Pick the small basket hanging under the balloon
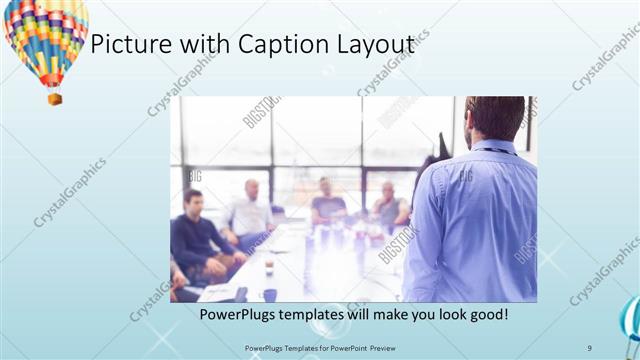tap(55, 98)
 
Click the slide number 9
tap(590, 346)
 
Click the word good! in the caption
tap(487, 314)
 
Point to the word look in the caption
tap(444, 314)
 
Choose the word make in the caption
tap(382, 314)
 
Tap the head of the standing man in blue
tap(496, 118)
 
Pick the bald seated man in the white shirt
tap(250, 210)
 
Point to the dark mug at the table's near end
tap(270, 294)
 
